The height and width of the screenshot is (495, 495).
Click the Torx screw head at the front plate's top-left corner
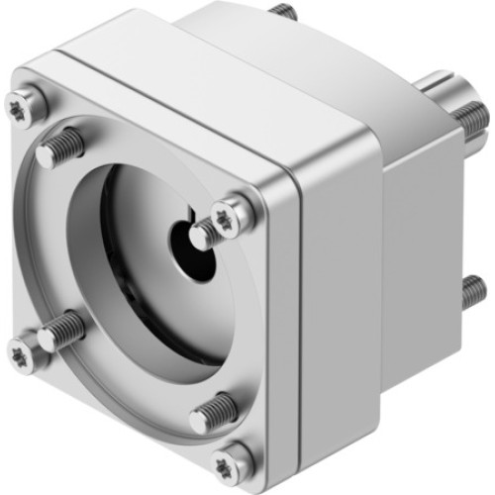pyautogui.click(x=23, y=106)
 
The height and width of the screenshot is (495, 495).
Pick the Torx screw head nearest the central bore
pyautogui.click(x=228, y=212)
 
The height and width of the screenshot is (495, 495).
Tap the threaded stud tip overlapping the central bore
pyautogui.click(x=202, y=236)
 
